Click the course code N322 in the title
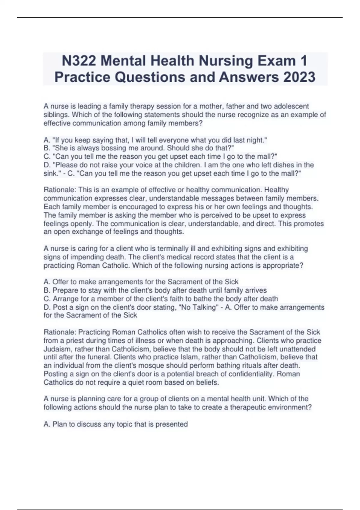pos(79,61)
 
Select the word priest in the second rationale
pos(72,340)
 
